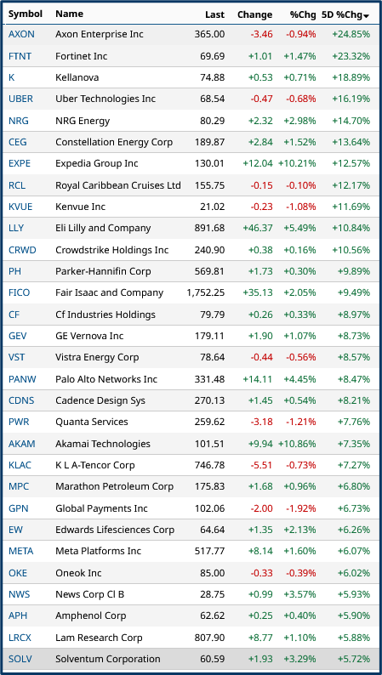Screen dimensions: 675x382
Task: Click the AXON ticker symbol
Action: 21,34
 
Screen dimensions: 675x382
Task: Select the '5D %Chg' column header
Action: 345,14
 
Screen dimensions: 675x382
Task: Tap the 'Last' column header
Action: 214,14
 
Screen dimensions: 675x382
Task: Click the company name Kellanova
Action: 77,77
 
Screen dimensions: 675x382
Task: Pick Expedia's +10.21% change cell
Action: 297,163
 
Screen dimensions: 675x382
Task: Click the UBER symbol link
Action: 21,99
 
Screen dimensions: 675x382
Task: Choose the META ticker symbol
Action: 21,551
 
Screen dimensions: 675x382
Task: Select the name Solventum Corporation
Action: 107,659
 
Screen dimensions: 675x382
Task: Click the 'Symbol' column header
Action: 25,14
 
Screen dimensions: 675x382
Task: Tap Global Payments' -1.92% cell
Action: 299,508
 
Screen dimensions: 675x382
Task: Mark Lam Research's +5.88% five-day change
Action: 352,638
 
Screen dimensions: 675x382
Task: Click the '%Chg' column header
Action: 303,14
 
